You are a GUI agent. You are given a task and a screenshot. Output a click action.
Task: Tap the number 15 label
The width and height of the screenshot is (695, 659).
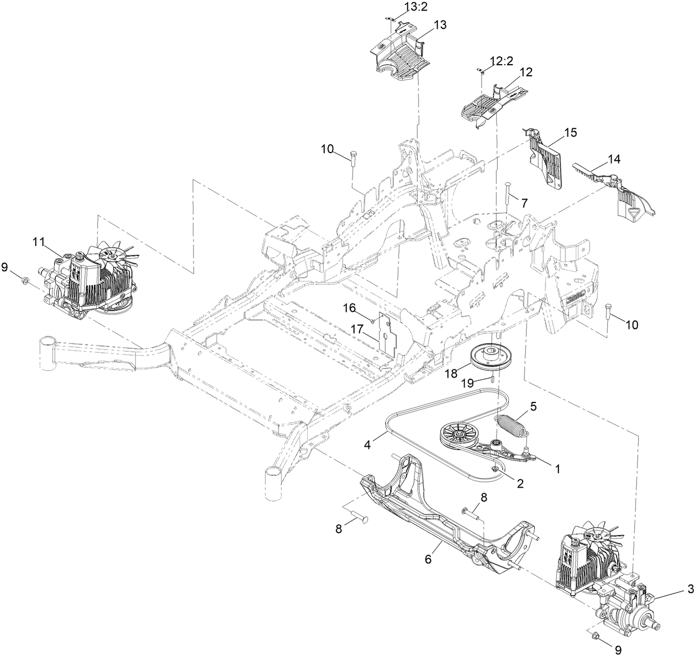click(x=570, y=132)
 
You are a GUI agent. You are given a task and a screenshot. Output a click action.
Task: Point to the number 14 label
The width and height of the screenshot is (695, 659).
click(x=614, y=159)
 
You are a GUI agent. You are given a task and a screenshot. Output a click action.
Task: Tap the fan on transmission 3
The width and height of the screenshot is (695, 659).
click(x=598, y=535)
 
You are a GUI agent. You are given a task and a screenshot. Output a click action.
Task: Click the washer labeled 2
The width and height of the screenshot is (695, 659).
click(x=496, y=469)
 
